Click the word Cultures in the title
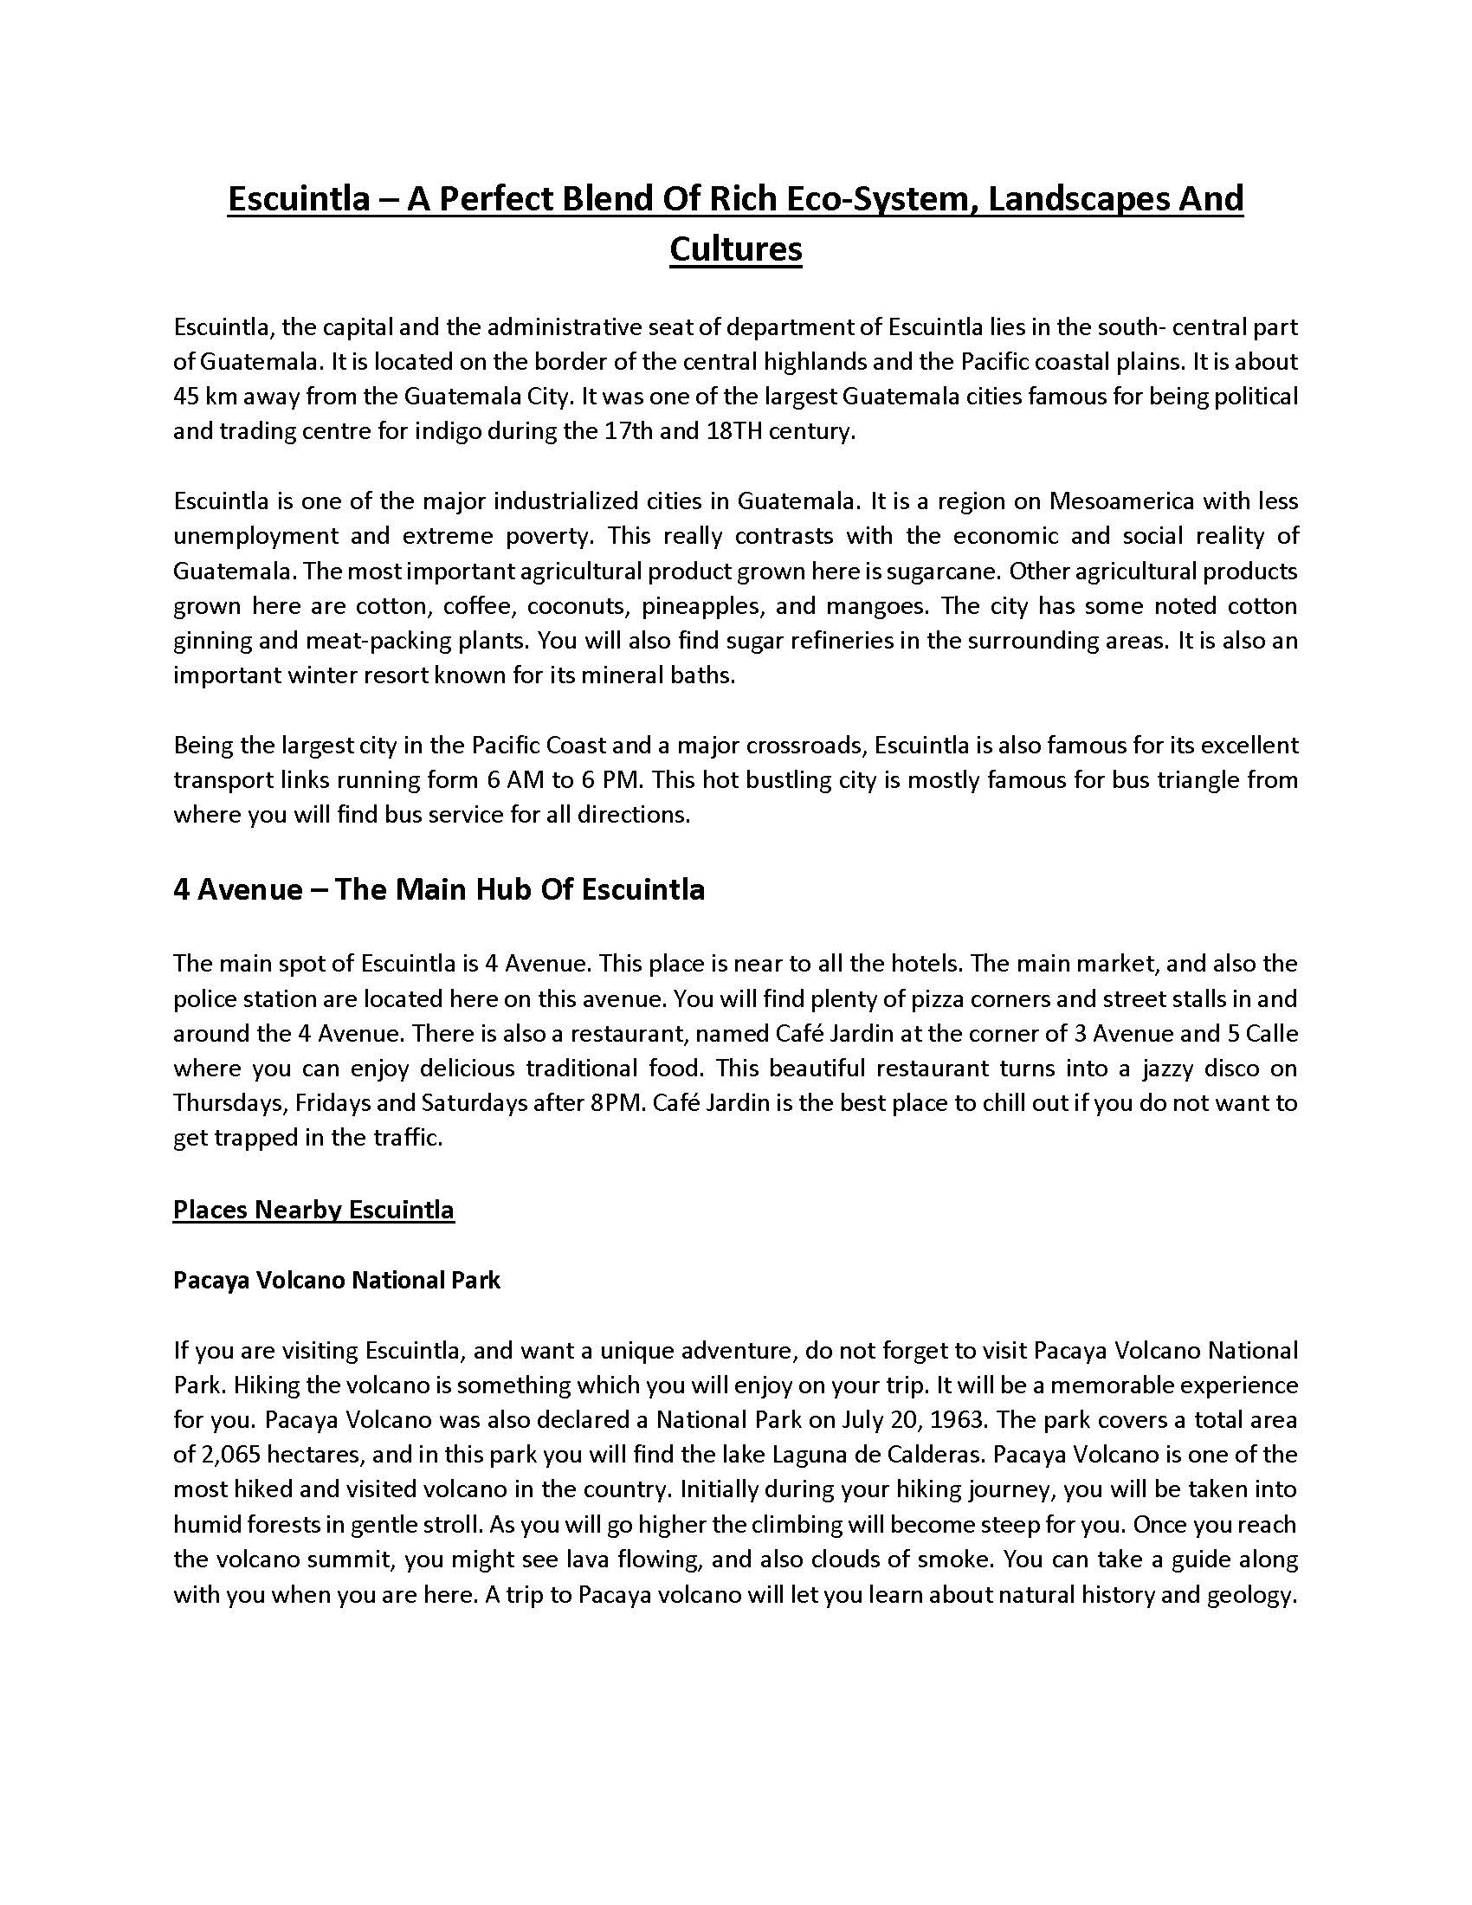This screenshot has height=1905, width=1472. (735, 249)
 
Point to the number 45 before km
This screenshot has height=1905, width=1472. (188, 397)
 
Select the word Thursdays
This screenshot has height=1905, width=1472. (229, 1103)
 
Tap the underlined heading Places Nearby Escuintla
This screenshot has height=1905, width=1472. (313, 1210)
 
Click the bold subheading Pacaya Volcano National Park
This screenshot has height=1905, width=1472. (337, 1281)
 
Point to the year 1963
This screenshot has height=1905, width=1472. (959, 1420)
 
